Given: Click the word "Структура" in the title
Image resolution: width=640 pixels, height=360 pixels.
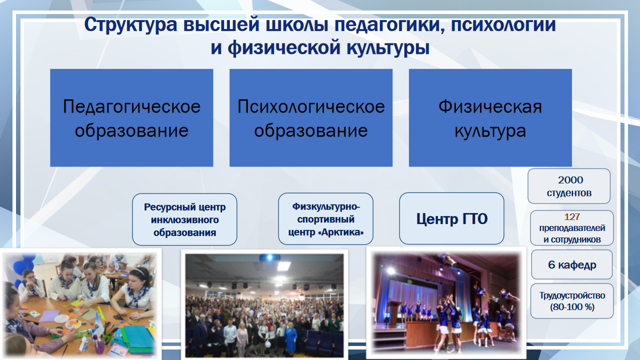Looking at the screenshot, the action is coord(131,25).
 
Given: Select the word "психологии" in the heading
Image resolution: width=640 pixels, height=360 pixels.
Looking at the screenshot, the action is coord(503,25).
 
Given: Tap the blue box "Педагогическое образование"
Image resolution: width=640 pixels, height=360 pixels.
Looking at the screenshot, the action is coord(131,117).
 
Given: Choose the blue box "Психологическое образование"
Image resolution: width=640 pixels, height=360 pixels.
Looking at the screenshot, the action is coord(311,117).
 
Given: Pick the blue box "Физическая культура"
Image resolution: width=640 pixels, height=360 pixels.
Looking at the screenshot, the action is coord(490,117).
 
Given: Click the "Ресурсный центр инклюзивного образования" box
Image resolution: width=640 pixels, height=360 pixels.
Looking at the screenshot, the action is coord(184,219).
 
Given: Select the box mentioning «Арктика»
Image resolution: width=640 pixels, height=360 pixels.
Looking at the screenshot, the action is coord(325,219).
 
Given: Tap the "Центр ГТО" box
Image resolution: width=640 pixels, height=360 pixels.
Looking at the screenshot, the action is coord(451,218).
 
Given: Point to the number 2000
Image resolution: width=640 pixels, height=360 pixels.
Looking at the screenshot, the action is coord(570,180).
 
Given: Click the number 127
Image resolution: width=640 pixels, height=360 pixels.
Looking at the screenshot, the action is coord(572,217).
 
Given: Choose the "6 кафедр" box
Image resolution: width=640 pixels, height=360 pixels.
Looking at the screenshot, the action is coord(572,264).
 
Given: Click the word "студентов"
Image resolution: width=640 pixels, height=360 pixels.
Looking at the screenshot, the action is coord(569,193).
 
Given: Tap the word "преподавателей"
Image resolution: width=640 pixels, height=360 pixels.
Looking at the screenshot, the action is coord(572,228).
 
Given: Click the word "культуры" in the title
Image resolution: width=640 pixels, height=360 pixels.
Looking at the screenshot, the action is coord(388,48).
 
